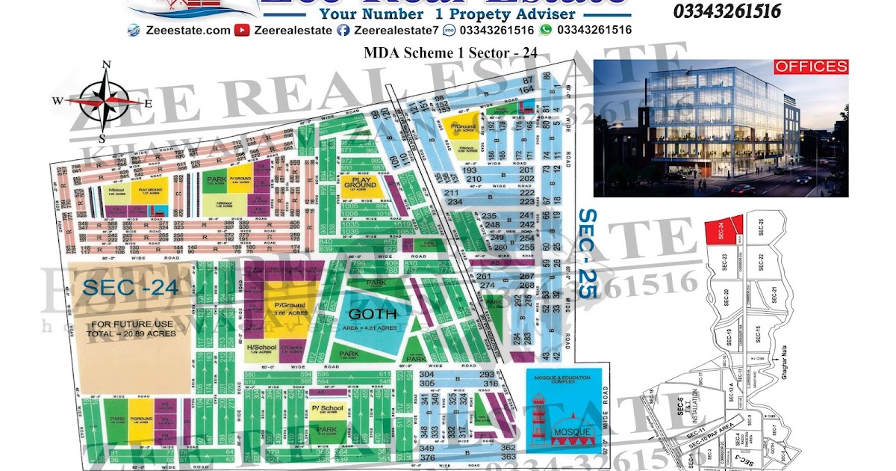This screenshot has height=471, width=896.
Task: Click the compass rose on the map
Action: (x=106, y=100)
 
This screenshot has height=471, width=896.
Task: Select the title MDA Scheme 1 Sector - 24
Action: (x=450, y=52)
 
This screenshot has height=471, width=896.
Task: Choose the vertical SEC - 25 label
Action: (x=588, y=253)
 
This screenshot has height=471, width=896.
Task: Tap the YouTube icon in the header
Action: (x=242, y=30)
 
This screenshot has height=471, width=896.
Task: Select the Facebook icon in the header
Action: (x=343, y=30)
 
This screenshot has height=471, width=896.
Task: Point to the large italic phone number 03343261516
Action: (x=727, y=11)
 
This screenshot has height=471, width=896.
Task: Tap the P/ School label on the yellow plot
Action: (x=329, y=407)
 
